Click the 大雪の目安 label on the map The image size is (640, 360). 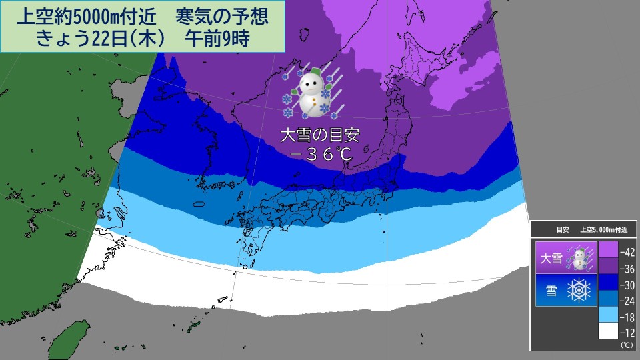pyautogui.click(x=320, y=135)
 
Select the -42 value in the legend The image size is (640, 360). pyautogui.click(x=626, y=253)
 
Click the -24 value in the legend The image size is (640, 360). pyautogui.click(x=626, y=301)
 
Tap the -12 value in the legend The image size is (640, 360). pyautogui.click(x=626, y=333)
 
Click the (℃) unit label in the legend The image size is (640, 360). pyautogui.click(x=626, y=345)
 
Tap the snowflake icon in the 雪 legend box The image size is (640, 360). pyautogui.click(x=578, y=291)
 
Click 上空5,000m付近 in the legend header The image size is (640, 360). pyautogui.click(x=607, y=230)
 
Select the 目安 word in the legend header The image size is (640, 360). pyautogui.click(x=563, y=230)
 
